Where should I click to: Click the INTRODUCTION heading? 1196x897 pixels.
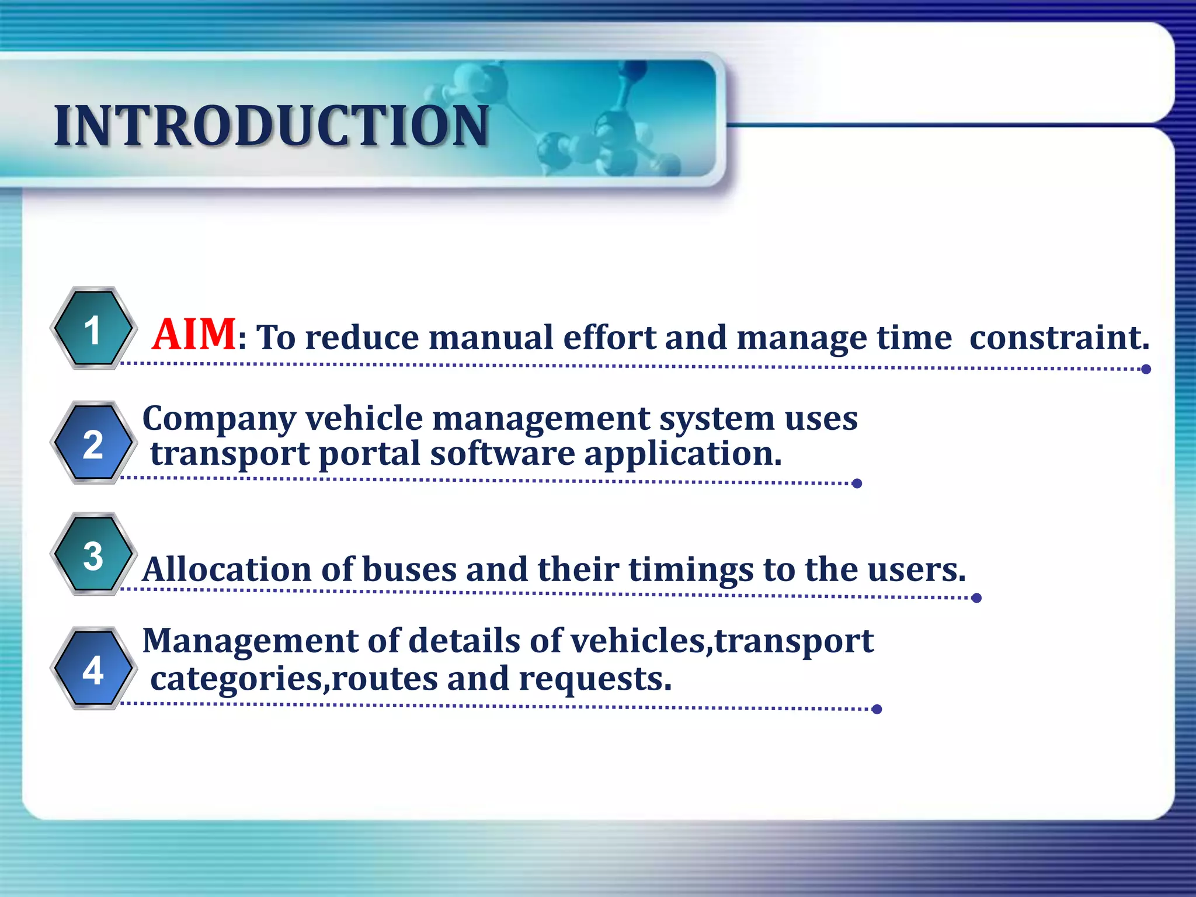(272, 126)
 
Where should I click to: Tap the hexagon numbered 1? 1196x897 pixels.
(93, 329)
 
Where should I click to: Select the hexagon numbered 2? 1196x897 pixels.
(93, 443)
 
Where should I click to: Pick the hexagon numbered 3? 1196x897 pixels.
(93, 555)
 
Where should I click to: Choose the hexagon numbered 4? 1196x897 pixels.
(93, 669)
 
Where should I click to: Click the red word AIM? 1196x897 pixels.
(194, 335)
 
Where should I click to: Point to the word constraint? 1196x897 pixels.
(1059, 338)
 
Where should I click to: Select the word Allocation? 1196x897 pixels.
(227, 569)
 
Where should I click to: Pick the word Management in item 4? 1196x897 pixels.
(250, 641)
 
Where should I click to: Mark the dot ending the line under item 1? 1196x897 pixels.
(1146, 369)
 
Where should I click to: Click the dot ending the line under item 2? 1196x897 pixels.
(857, 483)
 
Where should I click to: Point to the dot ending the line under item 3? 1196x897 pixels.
(976, 597)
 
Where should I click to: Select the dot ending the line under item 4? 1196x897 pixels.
(876, 709)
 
